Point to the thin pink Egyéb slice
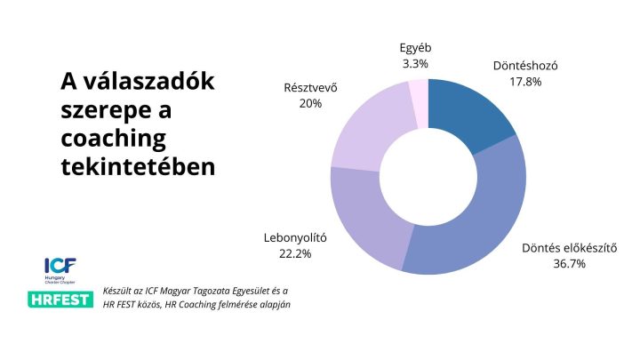tap(418, 93)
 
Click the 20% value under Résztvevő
tap(310, 103)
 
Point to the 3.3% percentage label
tap(415, 64)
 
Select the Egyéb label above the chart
tap(415, 48)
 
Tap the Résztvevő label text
tap(310, 87)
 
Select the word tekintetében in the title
tap(137, 165)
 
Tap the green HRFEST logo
tap(60, 298)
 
